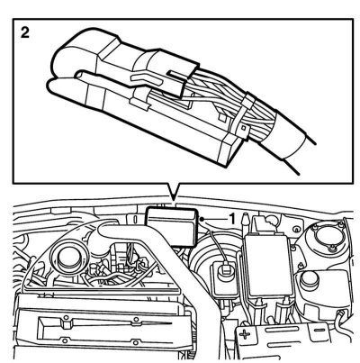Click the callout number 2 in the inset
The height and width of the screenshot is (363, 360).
(x=25, y=32)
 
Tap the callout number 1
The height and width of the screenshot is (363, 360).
(x=232, y=219)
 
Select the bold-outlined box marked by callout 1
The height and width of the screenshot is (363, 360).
(x=171, y=226)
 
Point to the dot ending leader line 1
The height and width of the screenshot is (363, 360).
(x=202, y=220)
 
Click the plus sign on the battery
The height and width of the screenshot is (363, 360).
(x=245, y=334)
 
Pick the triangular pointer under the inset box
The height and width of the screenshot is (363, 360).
(x=174, y=191)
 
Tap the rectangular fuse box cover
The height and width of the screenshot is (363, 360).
(x=268, y=264)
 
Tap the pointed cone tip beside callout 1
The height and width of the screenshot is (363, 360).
(x=246, y=218)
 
